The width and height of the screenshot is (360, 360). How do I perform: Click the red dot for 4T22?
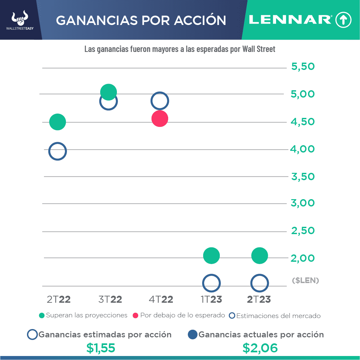[x=160, y=119]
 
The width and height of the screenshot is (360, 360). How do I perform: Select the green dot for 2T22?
[x=58, y=122]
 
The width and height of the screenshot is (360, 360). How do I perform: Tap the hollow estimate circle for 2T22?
[x=58, y=152]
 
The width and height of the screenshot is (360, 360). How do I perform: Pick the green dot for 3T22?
[x=108, y=92]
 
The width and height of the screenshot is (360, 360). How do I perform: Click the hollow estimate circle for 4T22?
[x=160, y=101]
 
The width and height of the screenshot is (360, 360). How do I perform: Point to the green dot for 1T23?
[x=211, y=256]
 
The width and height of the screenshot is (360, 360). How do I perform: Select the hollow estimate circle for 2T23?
[x=259, y=283]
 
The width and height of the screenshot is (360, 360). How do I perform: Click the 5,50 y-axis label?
[x=303, y=67]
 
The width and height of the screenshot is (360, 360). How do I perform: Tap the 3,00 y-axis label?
[x=303, y=203]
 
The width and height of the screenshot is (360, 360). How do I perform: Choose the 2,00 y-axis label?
[x=303, y=258]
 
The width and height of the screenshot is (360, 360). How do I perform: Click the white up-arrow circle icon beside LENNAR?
[x=343, y=20]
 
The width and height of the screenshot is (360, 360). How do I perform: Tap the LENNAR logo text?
[x=290, y=20]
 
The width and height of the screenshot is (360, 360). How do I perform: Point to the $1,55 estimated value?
[x=101, y=348]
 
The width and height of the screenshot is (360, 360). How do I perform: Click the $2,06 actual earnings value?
[x=260, y=348]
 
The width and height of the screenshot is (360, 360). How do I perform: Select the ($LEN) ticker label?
[x=305, y=281]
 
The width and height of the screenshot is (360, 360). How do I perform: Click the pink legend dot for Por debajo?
[x=136, y=315]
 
